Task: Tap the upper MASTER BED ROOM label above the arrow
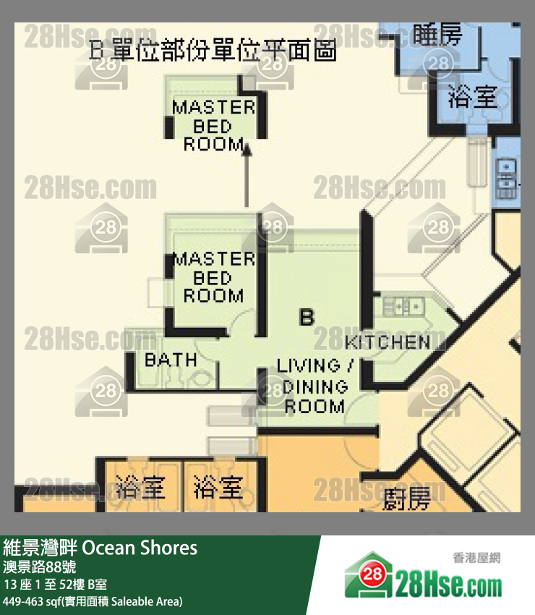[x=213, y=126]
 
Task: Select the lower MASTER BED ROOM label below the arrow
[x=213, y=277]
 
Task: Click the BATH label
[x=171, y=360]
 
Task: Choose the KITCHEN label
[x=388, y=342]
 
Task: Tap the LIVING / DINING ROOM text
[x=314, y=386]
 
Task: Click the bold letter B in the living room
[x=307, y=317]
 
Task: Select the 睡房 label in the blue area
[x=437, y=34]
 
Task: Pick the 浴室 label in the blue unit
[x=473, y=97]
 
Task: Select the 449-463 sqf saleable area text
[x=93, y=601]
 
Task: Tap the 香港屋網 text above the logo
[x=476, y=557]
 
